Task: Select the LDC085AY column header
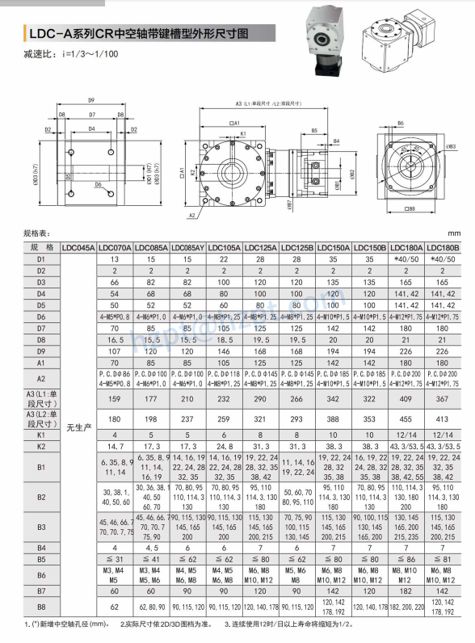pyautogui.click(x=187, y=247)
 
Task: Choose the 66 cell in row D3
pyautogui.click(x=115, y=283)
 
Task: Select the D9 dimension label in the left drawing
pyautogui.click(x=91, y=100)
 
